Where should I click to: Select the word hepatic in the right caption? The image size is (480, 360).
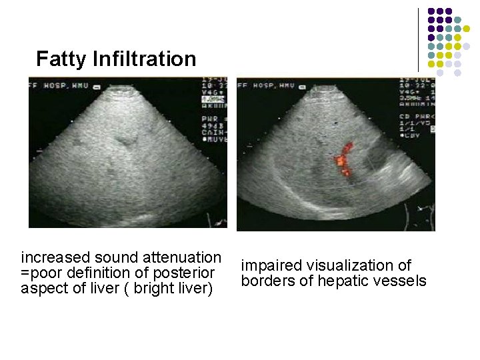[x=345, y=281]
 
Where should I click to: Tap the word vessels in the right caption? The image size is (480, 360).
[x=401, y=281]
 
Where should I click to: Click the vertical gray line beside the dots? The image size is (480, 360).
[x=419, y=39]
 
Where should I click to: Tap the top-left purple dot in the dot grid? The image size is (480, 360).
[x=431, y=11]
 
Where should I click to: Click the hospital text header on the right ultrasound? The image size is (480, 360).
[x=267, y=85]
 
